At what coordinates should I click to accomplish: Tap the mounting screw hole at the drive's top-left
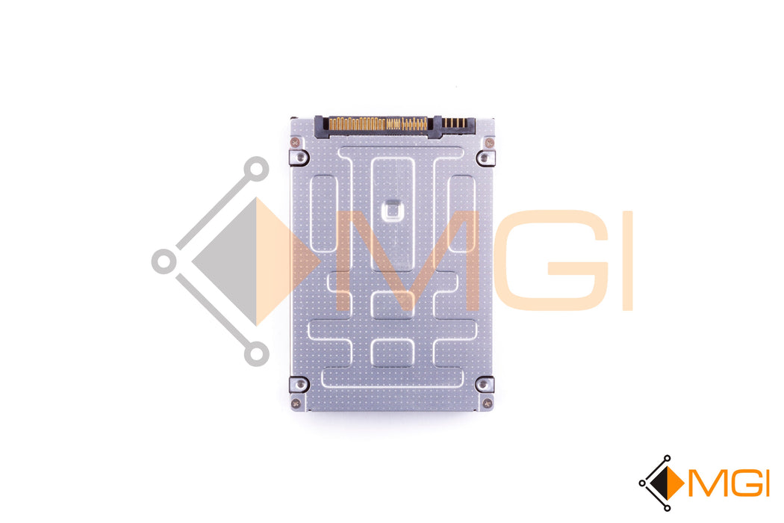(x=299, y=158)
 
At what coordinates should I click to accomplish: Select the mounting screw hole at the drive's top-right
(x=484, y=158)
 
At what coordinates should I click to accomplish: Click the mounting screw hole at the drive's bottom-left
(x=299, y=384)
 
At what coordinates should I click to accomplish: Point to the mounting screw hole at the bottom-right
(x=484, y=384)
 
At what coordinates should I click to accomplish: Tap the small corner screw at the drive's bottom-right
(x=488, y=402)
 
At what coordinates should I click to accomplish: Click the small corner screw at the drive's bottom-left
(x=296, y=402)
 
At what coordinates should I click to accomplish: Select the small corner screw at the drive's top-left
(x=295, y=143)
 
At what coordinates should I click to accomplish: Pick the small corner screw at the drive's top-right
(x=489, y=143)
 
